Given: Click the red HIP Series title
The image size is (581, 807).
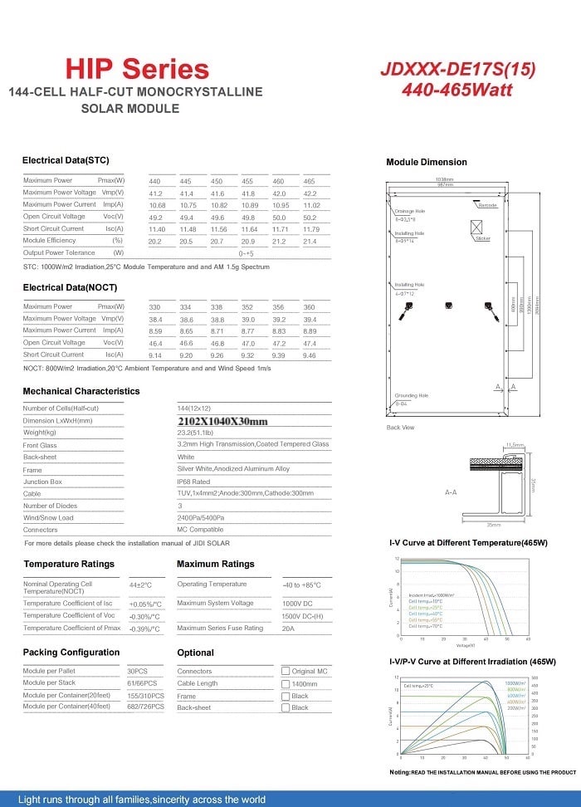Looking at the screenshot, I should [x=137, y=68].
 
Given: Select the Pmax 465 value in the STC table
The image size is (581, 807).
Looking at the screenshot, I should [x=310, y=181].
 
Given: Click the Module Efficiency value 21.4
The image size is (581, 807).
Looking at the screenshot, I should [x=310, y=241].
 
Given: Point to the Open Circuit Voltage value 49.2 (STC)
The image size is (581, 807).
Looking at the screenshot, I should [x=155, y=217].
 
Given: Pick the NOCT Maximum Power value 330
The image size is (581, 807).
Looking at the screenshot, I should [x=155, y=307].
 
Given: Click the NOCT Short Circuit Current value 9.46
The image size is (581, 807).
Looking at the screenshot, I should [x=310, y=355].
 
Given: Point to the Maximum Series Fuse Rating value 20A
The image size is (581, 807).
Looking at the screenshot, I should [x=290, y=628].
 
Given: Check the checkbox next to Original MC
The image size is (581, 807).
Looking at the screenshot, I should [x=286, y=671].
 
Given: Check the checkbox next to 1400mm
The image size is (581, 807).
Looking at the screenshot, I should [x=286, y=683].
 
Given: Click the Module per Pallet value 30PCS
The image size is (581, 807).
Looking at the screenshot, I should [x=137, y=671].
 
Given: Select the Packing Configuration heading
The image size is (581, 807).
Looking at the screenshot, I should [x=71, y=653].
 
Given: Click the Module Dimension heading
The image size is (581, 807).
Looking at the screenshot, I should [x=427, y=162].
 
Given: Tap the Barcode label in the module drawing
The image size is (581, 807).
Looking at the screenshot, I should [x=487, y=204].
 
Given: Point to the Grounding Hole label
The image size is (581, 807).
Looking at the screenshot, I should [x=412, y=396].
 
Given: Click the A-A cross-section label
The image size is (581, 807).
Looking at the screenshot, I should [x=452, y=492].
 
